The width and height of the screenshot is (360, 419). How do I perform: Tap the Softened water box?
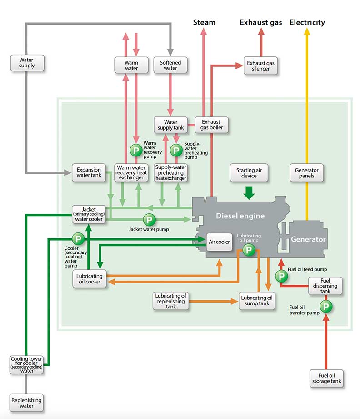click(170, 66)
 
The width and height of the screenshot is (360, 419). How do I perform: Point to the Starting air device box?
click(249, 173)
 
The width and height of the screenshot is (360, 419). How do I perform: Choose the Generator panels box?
click(307, 173)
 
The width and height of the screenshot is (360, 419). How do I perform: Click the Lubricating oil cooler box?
click(89, 279)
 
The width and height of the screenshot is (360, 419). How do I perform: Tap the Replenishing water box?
click(27, 403)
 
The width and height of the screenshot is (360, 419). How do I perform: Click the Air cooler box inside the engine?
click(220, 242)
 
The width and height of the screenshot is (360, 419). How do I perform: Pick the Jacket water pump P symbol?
click(149, 220)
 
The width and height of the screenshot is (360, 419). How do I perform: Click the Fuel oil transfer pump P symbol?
click(326, 306)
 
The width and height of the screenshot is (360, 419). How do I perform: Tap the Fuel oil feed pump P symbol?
click(281, 276)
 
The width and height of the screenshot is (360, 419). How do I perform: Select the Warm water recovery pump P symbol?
click(135, 150)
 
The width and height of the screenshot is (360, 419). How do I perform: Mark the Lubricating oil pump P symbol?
click(249, 249)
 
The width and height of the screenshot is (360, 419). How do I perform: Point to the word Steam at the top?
click(204, 22)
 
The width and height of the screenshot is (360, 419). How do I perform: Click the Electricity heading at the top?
click(307, 22)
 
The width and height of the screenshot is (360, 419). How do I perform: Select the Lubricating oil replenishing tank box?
click(170, 301)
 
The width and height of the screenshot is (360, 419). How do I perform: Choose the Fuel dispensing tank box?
click(325, 286)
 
